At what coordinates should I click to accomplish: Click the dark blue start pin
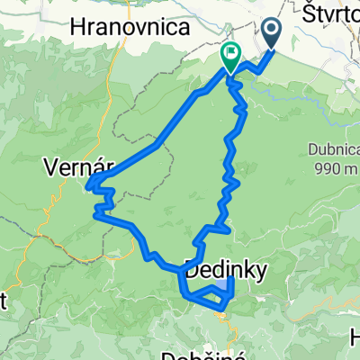(273, 33)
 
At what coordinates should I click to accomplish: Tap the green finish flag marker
(230, 57)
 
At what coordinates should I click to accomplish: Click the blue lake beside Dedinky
(220, 288)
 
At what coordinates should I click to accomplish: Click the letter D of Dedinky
(191, 267)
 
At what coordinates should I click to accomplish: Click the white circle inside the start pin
(273, 31)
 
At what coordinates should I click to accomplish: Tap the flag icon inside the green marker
(230, 54)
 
